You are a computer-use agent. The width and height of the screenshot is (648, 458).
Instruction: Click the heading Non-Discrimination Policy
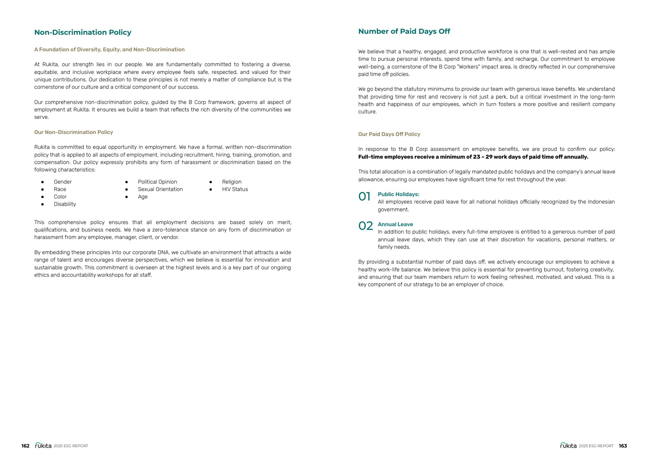pyautogui.click(x=83, y=32)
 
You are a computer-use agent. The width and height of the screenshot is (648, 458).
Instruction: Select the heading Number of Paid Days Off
pyautogui.click(x=404, y=31)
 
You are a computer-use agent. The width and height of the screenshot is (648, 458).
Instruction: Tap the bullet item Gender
pyautogui.click(x=63, y=182)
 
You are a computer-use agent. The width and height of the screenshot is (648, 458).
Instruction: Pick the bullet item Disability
pyautogui.click(x=65, y=204)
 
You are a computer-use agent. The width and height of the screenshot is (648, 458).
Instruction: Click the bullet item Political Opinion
pyautogui.click(x=157, y=182)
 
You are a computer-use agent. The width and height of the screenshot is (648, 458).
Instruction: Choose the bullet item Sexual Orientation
pyautogui.click(x=160, y=189)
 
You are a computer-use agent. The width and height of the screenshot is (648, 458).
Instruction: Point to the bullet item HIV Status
pyautogui.click(x=235, y=189)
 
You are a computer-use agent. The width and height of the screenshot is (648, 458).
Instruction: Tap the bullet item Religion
pyautogui.click(x=232, y=182)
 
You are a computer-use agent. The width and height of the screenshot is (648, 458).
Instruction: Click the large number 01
pyautogui.click(x=364, y=196)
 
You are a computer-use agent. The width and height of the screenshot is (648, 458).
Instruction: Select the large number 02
pyautogui.click(x=366, y=226)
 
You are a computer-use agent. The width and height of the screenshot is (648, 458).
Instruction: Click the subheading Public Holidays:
pyautogui.click(x=398, y=194)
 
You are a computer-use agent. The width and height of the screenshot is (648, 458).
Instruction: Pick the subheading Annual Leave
pyautogui.click(x=395, y=224)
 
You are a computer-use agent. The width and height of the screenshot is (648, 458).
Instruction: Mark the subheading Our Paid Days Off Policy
pyautogui.click(x=389, y=134)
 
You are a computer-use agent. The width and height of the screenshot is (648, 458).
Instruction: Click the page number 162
pyautogui.click(x=25, y=446)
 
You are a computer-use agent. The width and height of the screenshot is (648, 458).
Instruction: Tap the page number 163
pyautogui.click(x=623, y=446)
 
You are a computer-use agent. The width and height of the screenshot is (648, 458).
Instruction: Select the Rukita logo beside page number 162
pyautogui.click(x=43, y=446)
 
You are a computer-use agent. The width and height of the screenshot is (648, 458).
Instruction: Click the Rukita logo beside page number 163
pyautogui.click(x=568, y=446)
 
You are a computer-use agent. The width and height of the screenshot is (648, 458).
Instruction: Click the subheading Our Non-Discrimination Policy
pyautogui.click(x=74, y=132)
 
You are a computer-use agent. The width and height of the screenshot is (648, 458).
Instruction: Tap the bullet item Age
pyautogui.click(x=143, y=197)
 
